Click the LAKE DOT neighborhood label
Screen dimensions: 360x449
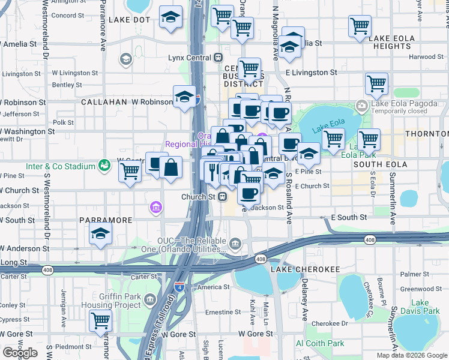click(129, 20)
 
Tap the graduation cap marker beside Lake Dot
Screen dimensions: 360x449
click(171, 18)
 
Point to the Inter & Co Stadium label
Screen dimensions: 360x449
click(60, 166)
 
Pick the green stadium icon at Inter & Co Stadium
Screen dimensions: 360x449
click(104, 164)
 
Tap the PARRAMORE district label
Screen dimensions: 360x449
click(106, 220)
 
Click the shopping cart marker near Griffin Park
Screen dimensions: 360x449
click(100, 320)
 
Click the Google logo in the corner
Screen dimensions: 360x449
click(20, 352)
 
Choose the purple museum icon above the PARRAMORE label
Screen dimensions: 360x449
click(155, 208)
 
